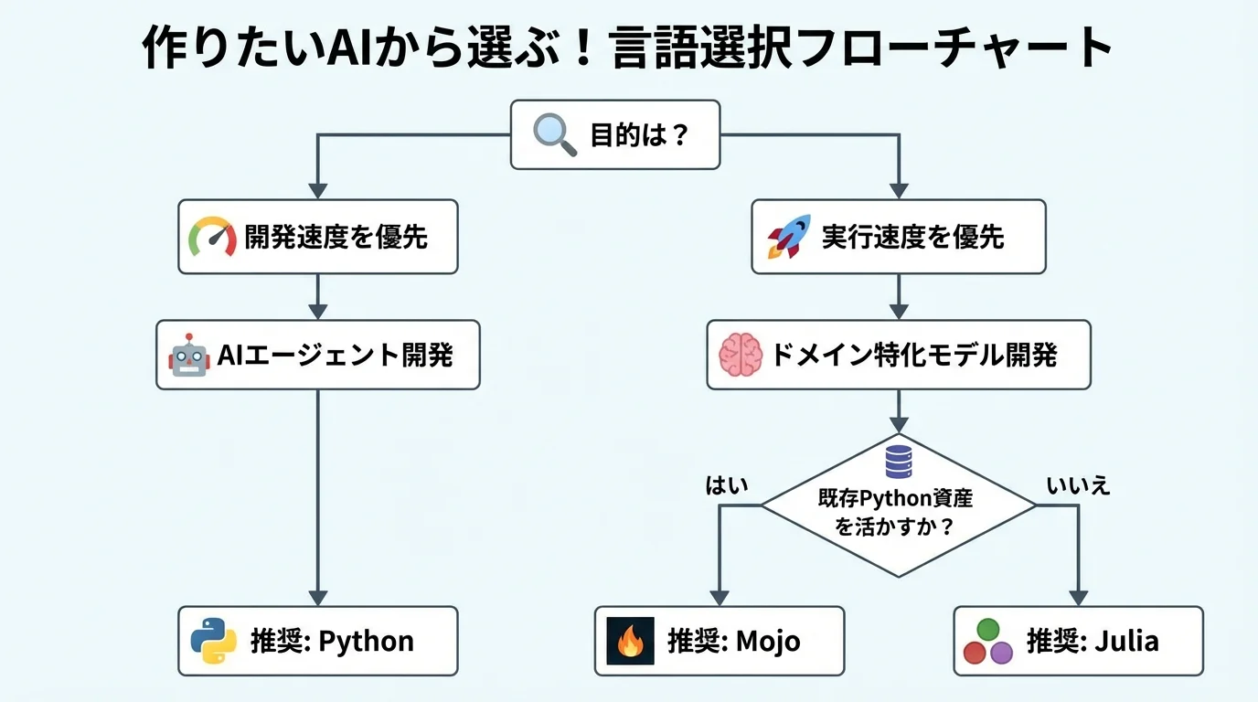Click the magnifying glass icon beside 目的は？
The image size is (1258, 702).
point(554,135)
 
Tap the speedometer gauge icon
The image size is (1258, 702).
point(212,237)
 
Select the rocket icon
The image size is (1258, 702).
point(788,237)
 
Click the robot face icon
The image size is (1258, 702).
point(188,355)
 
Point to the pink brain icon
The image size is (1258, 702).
point(740,355)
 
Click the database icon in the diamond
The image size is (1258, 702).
point(898,461)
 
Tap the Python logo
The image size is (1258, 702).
point(214,641)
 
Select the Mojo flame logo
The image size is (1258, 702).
point(630,641)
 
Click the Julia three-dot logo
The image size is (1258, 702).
point(988,641)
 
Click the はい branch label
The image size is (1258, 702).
point(727,484)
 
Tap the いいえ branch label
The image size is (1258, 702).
point(1078,485)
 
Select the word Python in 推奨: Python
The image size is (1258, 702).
point(366,641)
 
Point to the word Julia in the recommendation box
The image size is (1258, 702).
point(1125,641)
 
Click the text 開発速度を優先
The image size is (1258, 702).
point(336,237)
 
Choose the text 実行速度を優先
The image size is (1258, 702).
point(912,237)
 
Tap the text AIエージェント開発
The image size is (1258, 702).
point(335,355)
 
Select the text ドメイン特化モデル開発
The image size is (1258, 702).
point(913,355)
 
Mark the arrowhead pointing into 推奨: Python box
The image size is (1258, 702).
point(317,598)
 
